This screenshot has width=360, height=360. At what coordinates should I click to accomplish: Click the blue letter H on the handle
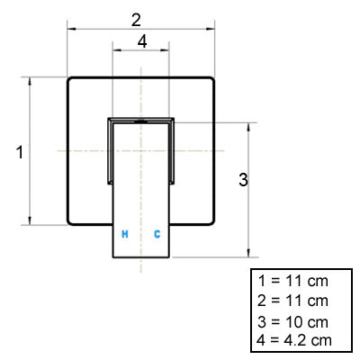pos(125,234)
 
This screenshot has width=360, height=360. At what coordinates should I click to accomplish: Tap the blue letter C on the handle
pos(157,234)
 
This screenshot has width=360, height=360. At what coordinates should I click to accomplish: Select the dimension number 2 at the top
pos(136,21)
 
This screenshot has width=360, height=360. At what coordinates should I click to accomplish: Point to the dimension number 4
pos(142,41)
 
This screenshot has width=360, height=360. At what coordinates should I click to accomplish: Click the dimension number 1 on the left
pos(20,152)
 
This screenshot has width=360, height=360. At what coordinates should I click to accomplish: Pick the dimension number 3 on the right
pos(243,180)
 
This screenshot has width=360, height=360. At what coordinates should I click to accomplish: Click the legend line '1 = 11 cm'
pos(293,282)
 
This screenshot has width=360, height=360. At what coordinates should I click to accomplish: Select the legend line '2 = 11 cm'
pos(292,301)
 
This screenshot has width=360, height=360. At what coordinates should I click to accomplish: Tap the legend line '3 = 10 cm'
pos(292,322)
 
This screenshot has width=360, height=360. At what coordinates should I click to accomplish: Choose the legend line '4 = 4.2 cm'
pos(294,340)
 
